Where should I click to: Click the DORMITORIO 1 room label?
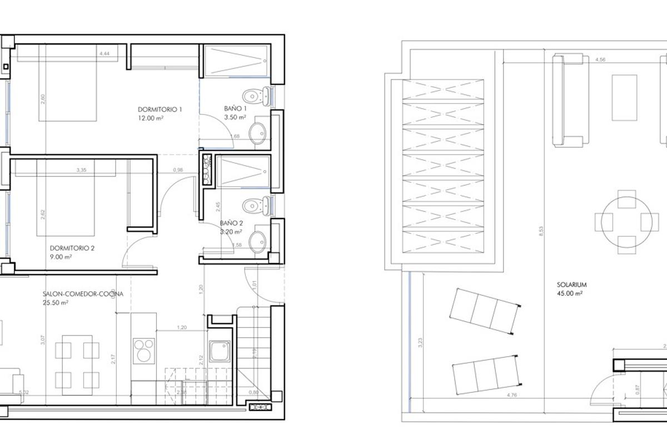click(160, 110)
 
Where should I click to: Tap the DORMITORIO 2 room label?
click(72, 248)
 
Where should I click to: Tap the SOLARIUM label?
click(572, 284)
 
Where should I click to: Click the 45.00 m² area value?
click(570, 293)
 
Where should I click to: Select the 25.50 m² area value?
click(55, 303)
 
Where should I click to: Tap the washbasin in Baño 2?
click(257, 241)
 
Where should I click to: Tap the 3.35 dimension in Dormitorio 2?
click(83, 170)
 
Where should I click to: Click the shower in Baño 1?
click(235, 61)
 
